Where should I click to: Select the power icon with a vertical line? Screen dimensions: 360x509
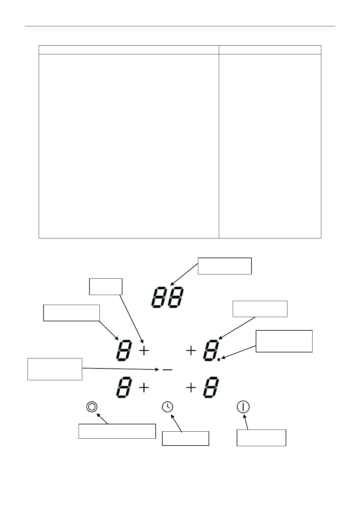pos(243,407)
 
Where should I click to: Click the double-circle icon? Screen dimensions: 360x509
pos(92,407)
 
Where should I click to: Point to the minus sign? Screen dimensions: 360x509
pos(167,370)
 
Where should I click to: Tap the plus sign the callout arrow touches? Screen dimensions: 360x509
pos(144,351)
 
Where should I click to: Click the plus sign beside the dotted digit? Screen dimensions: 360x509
pos(191,351)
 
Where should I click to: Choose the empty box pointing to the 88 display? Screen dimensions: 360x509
pos(225,266)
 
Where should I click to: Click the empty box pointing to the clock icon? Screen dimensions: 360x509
pos(185,439)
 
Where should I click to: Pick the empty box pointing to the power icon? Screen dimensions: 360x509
pos(261,438)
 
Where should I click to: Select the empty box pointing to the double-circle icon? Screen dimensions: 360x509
pos(117,431)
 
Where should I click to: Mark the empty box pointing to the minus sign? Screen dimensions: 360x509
pos(55,369)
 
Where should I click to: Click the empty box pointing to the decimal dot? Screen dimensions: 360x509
pos(284,341)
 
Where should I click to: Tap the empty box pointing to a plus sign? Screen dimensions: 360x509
pos(106,287)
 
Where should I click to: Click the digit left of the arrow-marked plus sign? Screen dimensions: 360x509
pos(124,351)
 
